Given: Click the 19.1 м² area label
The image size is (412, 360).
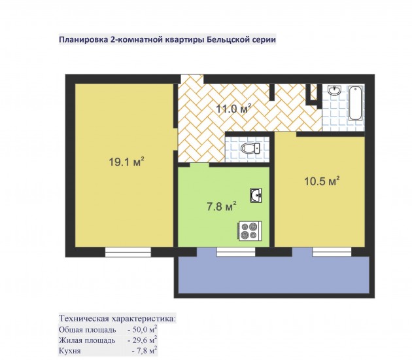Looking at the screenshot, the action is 127,162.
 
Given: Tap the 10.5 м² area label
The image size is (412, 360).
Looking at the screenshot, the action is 322,181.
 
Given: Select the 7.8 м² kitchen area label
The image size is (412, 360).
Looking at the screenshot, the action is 222,206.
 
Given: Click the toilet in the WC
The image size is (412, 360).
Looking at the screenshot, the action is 250,149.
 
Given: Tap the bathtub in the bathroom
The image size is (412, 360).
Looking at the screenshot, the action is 356,104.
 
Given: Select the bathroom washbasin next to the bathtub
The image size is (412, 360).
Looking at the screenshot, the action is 334,90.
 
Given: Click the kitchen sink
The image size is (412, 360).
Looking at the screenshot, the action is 256,196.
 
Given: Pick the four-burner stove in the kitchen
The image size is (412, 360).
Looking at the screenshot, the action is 250,231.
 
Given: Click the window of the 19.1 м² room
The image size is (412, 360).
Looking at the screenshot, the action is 128,252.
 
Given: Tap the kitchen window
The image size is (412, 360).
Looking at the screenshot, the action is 236,252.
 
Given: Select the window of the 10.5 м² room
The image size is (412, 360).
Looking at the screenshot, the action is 332,252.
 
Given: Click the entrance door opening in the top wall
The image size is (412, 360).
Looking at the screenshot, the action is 192,79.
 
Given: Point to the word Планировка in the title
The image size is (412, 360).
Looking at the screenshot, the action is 83,40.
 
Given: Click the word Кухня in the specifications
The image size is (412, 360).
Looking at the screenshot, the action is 69,351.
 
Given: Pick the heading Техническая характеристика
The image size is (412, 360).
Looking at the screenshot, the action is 117,319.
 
